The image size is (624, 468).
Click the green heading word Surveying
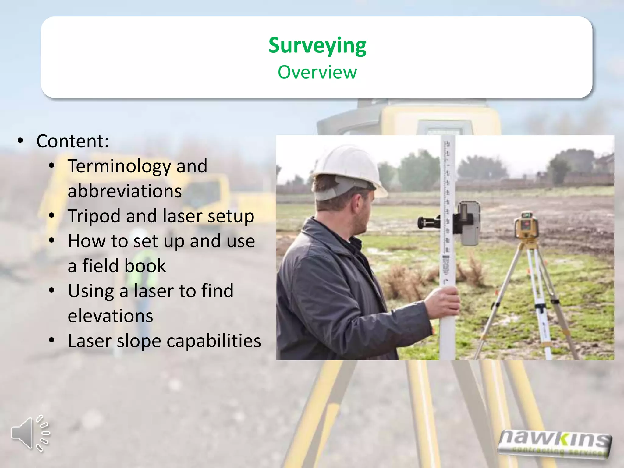click(317, 46)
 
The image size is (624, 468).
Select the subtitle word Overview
click(317, 72)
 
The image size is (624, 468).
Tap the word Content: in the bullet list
click(73, 141)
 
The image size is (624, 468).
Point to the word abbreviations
click(125, 191)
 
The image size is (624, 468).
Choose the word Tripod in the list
click(94, 216)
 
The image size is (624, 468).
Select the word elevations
click(110, 316)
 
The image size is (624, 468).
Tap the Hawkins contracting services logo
click(554, 443)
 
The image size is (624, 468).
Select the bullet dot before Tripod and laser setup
click(52, 216)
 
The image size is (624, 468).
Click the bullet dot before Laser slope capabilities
click(52, 340)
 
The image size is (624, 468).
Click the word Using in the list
click(91, 291)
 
